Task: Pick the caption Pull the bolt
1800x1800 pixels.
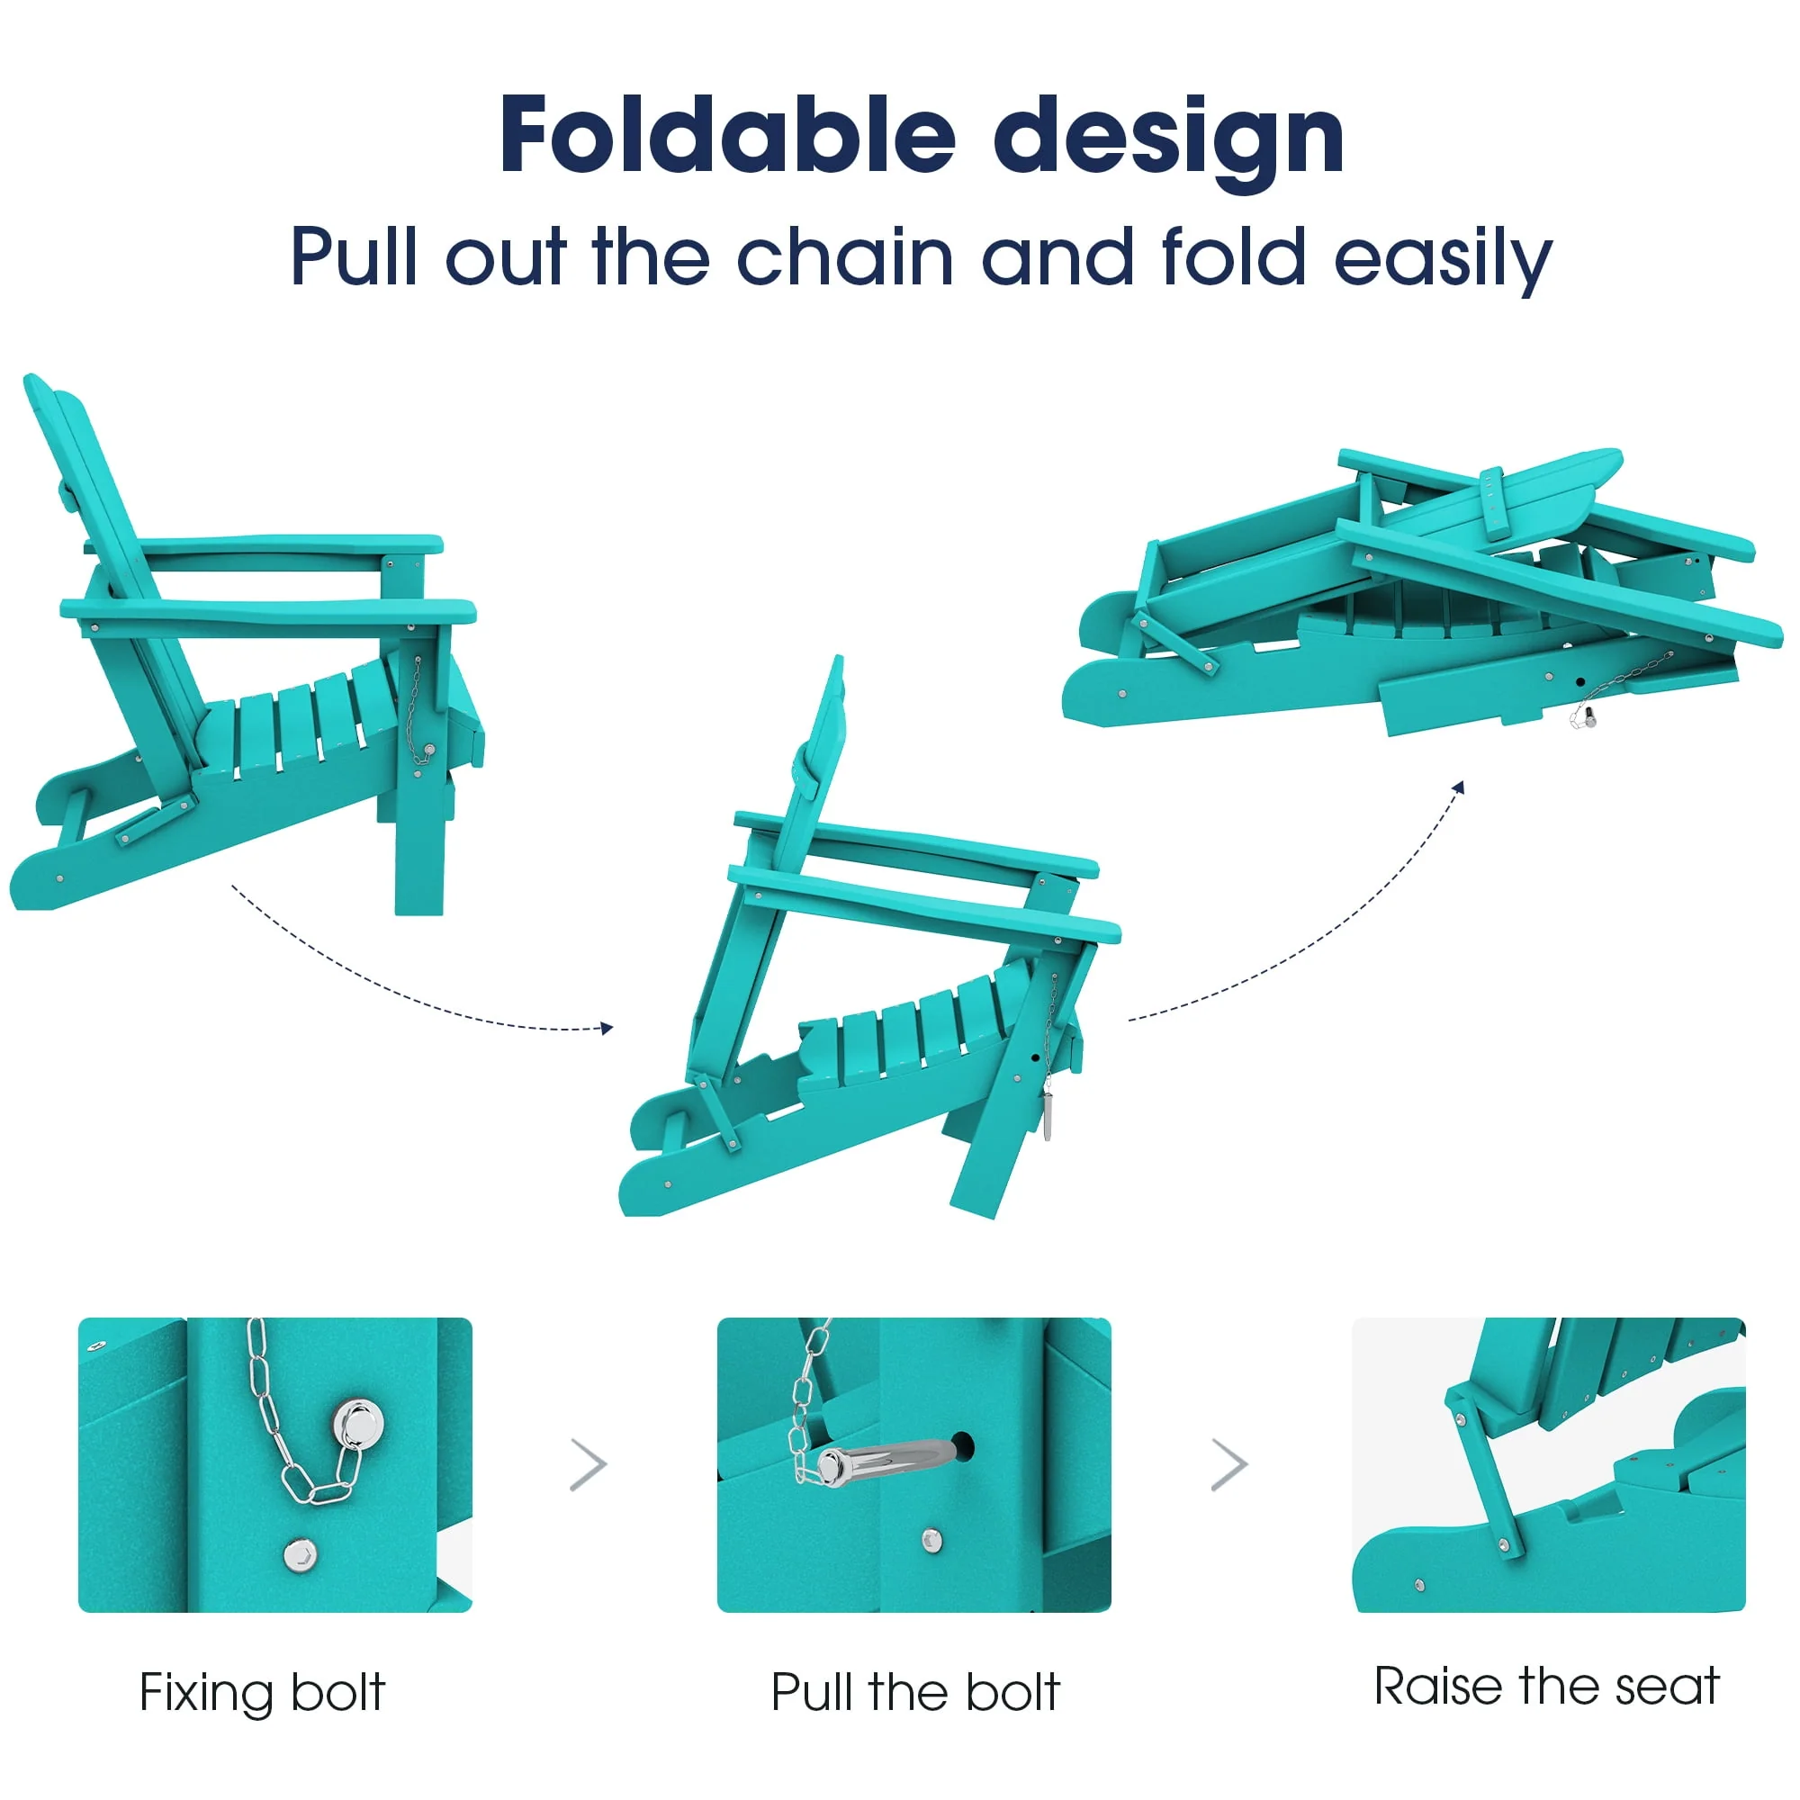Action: click(915, 1692)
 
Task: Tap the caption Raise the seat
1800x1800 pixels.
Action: click(1546, 1686)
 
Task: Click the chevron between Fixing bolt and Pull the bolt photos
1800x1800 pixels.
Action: click(589, 1464)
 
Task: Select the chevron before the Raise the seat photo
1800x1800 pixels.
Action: click(1228, 1464)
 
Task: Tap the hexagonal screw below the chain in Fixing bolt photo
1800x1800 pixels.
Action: click(299, 1555)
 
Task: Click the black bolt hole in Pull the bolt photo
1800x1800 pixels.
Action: click(961, 1445)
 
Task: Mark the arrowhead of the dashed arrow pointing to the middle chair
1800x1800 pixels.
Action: click(607, 1028)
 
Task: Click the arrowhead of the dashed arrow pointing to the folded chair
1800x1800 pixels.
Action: click(1459, 788)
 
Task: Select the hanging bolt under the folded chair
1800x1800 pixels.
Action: click(1583, 716)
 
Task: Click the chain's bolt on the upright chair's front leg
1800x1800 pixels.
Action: click(428, 750)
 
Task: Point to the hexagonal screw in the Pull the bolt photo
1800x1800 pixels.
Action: click(931, 1540)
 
